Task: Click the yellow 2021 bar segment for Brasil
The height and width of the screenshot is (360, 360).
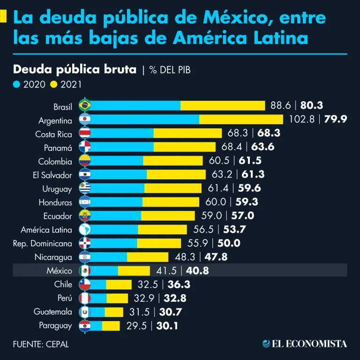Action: (223, 105)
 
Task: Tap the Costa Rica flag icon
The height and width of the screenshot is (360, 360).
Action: (85, 133)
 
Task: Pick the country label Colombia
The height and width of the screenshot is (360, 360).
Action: (55, 162)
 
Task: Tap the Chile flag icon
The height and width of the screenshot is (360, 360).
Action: (85, 284)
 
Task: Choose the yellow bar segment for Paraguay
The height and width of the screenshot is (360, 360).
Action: (111, 325)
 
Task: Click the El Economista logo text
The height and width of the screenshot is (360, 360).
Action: (305, 344)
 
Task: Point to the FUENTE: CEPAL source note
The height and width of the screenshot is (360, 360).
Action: (41, 344)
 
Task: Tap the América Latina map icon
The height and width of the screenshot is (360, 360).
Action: (85, 230)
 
